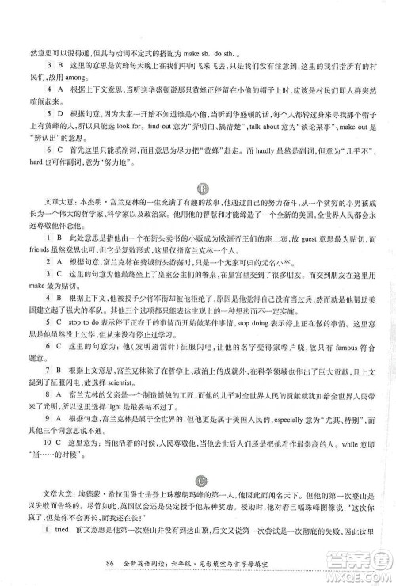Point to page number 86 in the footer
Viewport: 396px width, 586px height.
coord(109,565)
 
